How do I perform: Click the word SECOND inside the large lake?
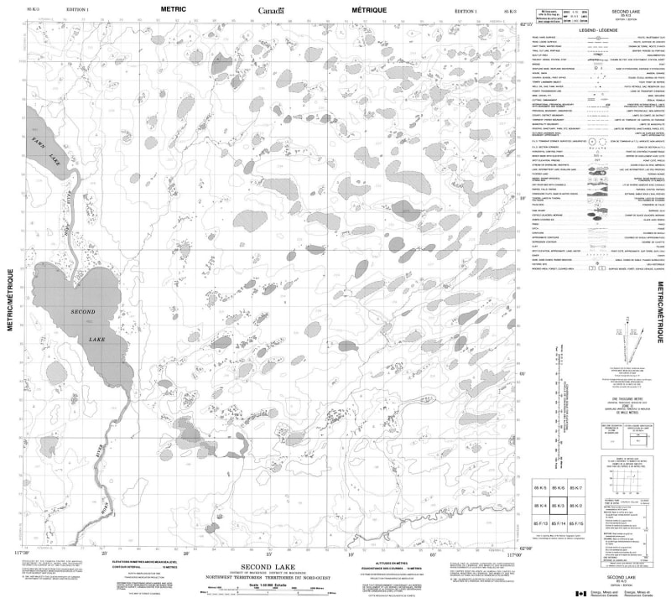[x=83, y=312]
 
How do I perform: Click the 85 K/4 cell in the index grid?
[x=540, y=507]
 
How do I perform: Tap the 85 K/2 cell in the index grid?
[x=576, y=507]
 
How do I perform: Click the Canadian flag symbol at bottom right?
[x=578, y=594]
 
